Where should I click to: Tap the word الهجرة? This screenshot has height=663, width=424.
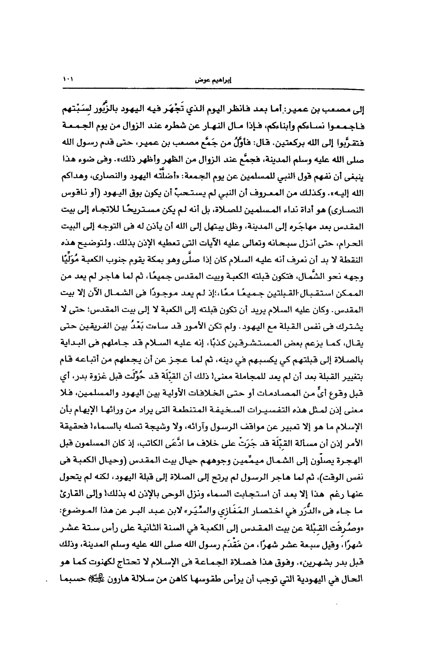(351, 461)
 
